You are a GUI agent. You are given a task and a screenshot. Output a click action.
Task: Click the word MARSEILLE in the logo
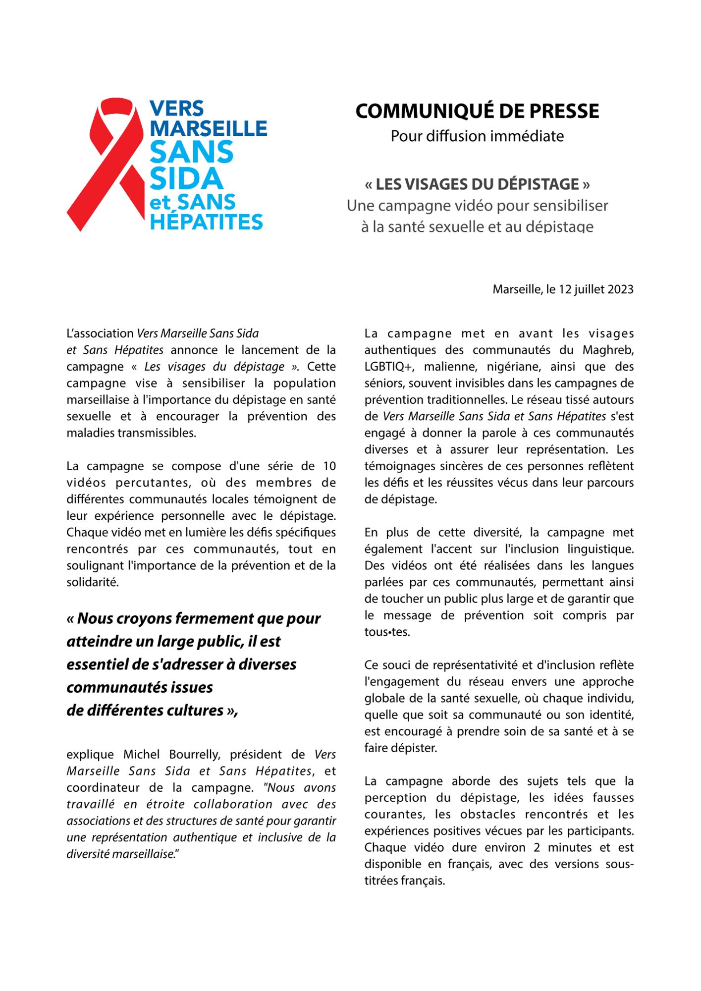pos(208,129)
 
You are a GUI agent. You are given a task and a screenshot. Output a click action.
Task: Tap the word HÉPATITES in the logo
pos(206,222)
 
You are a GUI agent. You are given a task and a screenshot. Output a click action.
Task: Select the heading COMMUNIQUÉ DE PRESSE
pos(477,111)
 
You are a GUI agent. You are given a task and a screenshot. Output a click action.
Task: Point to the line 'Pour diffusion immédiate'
pos(477,136)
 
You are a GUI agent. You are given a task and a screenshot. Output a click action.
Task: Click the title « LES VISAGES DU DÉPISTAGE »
pos(477,184)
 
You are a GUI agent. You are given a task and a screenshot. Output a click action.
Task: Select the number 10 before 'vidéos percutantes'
pos(329,466)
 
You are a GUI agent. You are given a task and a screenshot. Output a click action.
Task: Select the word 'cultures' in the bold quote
pos(194,711)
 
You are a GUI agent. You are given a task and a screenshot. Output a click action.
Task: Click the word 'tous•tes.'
pos(387,632)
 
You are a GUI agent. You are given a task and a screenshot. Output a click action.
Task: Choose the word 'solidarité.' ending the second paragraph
pos(93,582)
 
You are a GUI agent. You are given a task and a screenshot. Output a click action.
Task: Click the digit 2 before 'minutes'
pos(537,847)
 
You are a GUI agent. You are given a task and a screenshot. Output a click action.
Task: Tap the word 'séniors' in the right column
pos(384,384)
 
